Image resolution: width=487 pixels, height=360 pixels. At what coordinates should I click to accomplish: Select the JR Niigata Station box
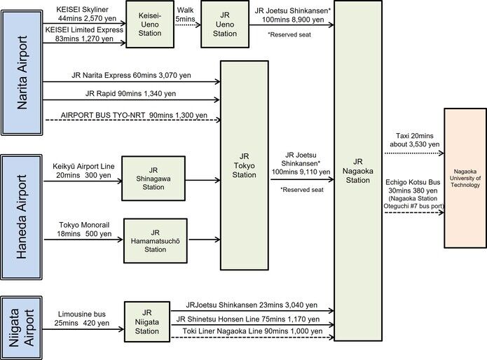tap(147, 321)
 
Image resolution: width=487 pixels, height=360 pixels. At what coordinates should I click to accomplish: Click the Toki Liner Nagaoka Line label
tap(251, 331)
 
